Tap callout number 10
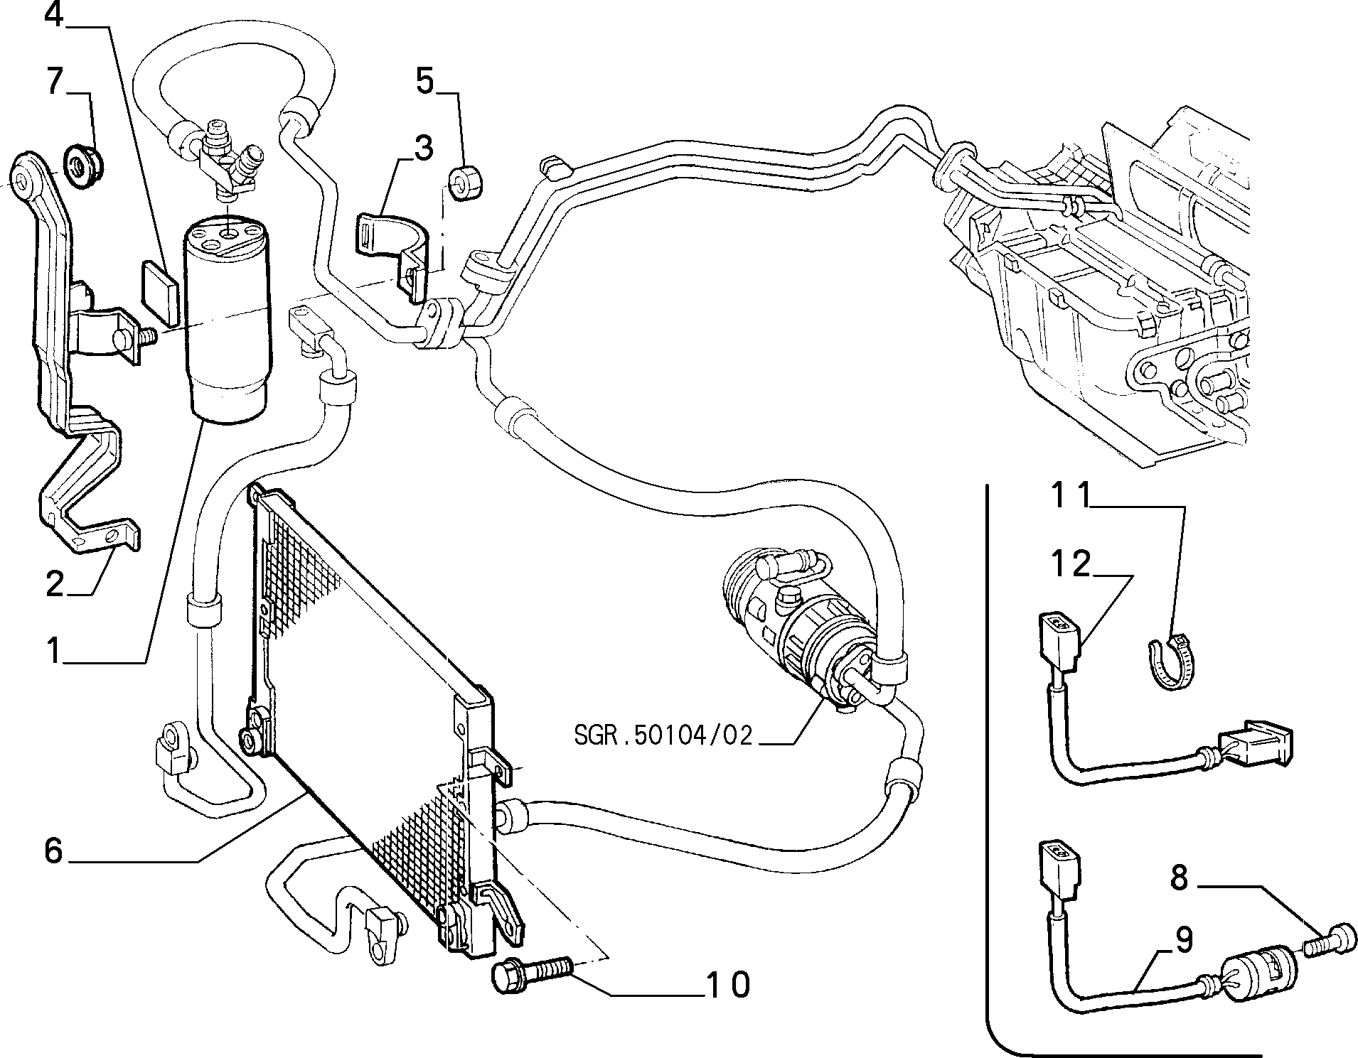click(x=727, y=984)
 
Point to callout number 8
click(x=1179, y=879)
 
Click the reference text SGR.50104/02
click(x=663, y=735)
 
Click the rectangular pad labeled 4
click(x=159, y=293)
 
